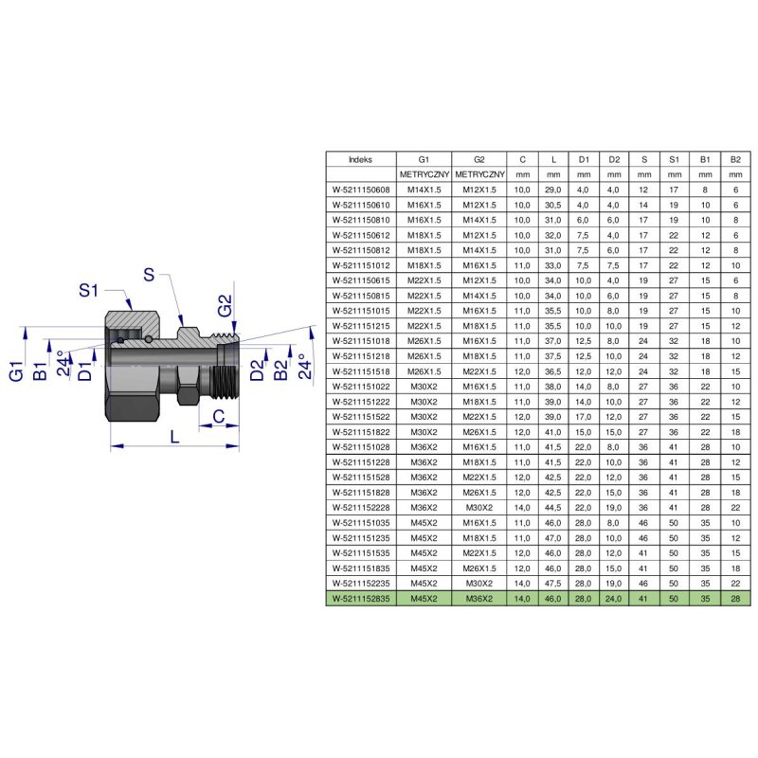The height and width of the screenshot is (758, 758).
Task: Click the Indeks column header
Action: click(361, 159)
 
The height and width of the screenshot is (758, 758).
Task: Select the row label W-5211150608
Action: click(361, 190)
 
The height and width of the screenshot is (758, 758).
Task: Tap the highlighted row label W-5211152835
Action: click(361, 599)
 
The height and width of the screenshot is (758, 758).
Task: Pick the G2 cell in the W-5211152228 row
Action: click(479, 508)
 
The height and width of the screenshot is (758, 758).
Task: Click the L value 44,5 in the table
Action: click(553, 508)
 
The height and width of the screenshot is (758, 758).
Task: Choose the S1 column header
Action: click(675, 159)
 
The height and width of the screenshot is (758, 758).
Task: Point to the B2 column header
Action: click(735, 159)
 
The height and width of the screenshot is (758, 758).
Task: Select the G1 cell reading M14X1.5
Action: click(424, 190)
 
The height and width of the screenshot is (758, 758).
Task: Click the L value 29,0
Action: click(553, 190)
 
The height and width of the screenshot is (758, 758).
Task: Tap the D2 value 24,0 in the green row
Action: click(613, 599)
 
